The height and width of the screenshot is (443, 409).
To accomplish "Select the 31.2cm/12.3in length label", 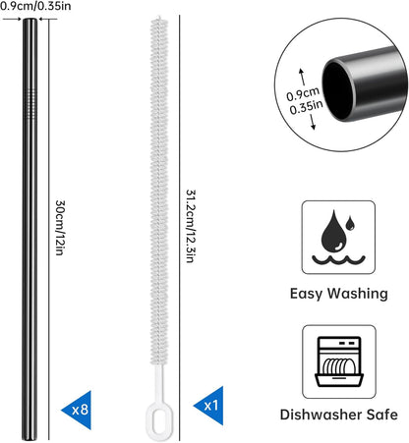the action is tap(192, 226).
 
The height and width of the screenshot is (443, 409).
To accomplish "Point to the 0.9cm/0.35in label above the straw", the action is tap(35, 6).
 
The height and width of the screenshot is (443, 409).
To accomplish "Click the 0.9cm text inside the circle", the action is tap(303, 94).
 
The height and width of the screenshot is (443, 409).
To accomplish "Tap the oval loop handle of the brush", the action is tap(159, 421).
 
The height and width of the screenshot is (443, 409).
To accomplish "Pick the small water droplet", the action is tap(350, 223).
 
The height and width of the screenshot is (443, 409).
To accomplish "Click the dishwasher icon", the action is tap(339, 361).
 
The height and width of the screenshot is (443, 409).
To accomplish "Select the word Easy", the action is tap(307, 294).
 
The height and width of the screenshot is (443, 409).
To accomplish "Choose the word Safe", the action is tap(382, 415).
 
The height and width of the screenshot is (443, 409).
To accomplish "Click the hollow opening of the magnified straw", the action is tap(337, 90).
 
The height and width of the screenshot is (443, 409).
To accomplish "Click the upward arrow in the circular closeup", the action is tap(302, 77).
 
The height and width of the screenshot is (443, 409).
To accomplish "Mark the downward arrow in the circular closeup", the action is tap(313, 121).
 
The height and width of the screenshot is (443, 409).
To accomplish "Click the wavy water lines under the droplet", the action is tap(338, 260).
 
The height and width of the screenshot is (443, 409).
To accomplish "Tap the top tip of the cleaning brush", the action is tap(159, 18).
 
